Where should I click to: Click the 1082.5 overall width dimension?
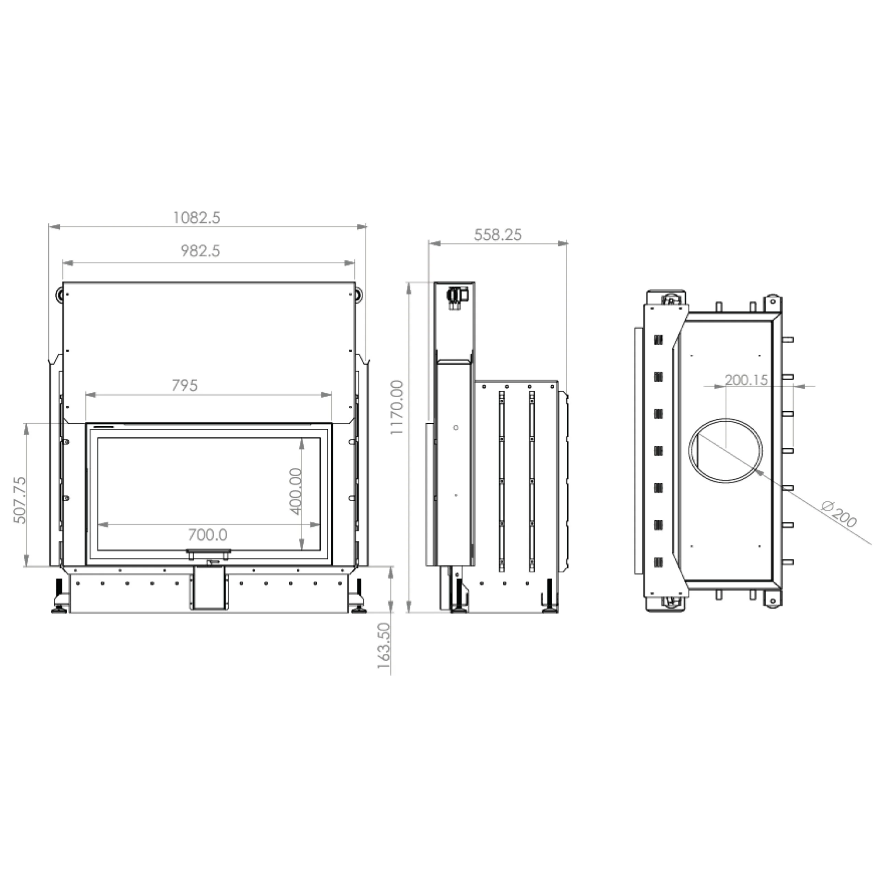tap(196, 218)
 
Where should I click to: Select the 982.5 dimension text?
tap(200, 251)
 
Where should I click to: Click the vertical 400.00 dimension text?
tap(296, 491)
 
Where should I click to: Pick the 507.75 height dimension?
tap(20, 501)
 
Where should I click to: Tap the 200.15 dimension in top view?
tap(746, 379)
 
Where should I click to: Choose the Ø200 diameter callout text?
tap(840, 514)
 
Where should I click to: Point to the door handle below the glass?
tap(208, 552)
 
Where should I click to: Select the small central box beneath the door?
tap(209, 588)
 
